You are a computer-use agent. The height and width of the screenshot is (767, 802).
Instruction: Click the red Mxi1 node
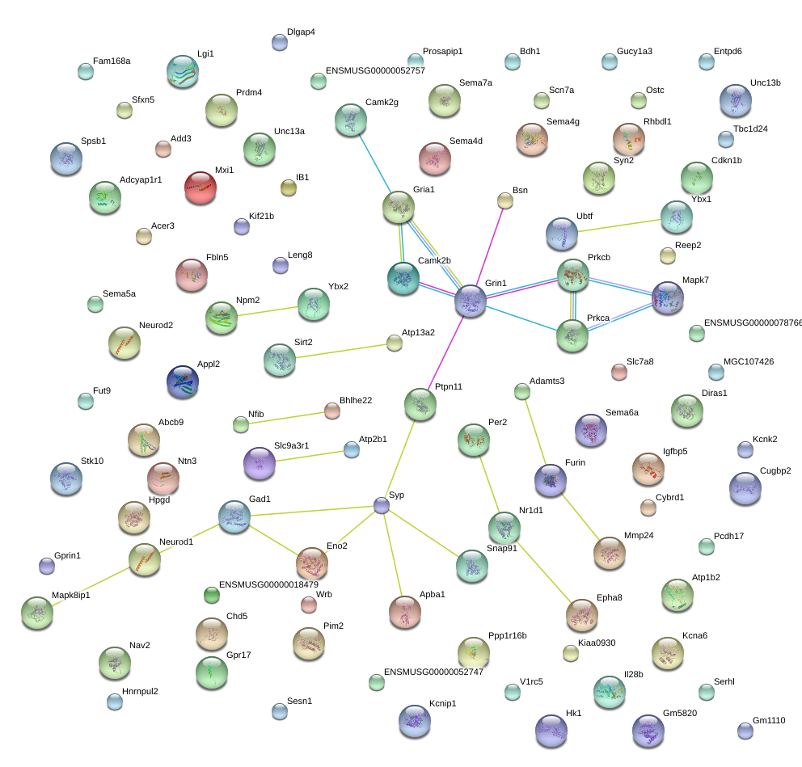click(x=200, y=188)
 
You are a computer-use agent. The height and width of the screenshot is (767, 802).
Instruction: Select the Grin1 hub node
click(x=471, y=301)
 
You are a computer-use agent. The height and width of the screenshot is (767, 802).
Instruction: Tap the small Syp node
click(x=382, y=505)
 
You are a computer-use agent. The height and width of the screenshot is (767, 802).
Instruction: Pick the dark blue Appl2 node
click(x=183, y=381)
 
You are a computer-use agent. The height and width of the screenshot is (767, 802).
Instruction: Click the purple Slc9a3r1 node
click(x=260, y=463)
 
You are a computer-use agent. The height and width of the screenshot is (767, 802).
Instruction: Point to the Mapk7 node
click(x=668, y=297)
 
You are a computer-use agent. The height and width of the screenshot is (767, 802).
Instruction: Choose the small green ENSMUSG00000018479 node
click(x=212, y=595)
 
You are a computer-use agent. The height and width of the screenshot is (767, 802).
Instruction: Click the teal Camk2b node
click(x=403, y=278)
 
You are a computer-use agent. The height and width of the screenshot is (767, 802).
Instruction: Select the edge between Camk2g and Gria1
click(x=375, y=163)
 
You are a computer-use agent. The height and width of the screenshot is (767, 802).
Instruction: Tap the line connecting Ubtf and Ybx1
click(x=619, y=225)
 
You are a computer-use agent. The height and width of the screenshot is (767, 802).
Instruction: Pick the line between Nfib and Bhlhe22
click(x=287, y=418)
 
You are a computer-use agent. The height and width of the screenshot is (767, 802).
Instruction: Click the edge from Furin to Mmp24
click(x=580, y=517)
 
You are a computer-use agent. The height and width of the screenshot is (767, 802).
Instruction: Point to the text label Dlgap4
click(x=301, y=32)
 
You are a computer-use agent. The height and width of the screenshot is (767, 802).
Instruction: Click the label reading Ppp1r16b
click(x=508, y=635)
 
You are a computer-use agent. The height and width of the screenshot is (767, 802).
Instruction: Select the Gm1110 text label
click(x=769, y=720)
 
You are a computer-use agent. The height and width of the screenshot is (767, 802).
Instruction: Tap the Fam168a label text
click(x=112, y=61)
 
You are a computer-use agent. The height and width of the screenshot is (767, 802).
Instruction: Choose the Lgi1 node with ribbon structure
click(x=183, y=72)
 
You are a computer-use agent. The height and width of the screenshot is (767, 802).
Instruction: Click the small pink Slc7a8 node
click(x=619, y=372)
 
